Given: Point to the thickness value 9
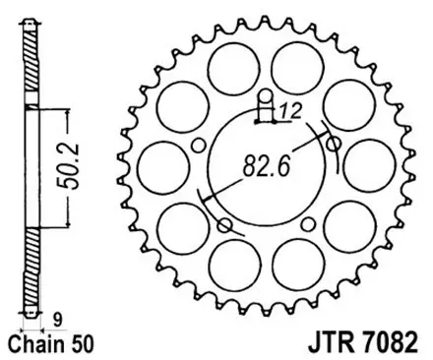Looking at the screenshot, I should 56,318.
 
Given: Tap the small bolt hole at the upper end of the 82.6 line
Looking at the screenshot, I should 333,144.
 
